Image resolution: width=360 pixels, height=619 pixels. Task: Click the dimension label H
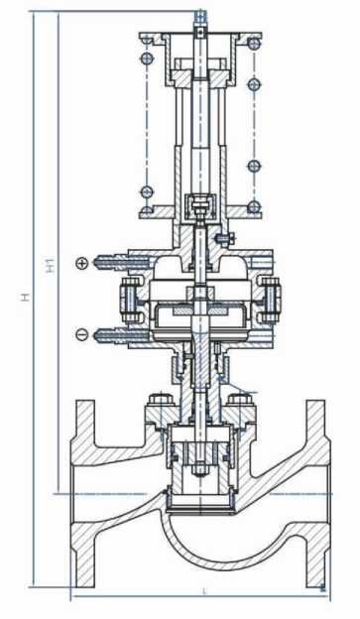[x=26, y=297]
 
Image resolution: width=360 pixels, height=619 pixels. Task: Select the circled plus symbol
[x=81, y=262]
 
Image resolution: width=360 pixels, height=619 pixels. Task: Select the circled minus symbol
[x=81, y=334]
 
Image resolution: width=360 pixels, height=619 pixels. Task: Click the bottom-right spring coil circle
[x=253, y=206]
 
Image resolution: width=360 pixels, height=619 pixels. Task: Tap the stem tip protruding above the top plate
[x=200, y=17]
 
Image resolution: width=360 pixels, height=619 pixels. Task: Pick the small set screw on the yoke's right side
[x=228, y=237]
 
